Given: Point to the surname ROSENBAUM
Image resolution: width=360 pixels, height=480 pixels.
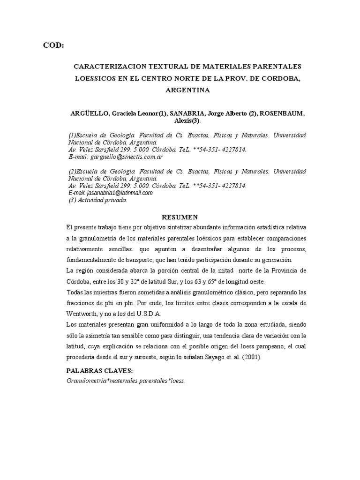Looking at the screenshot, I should point(281,113).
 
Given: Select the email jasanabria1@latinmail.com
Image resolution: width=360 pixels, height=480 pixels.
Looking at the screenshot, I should point(110,193).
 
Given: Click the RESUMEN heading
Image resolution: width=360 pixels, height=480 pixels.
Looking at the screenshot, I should point(180,217).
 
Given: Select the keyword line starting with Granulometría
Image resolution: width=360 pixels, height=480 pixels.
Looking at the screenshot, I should point(126,381).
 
